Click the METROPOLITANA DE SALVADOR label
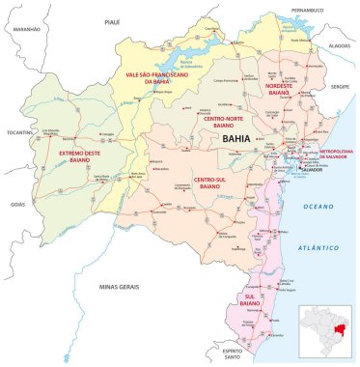click(x=336, y=155)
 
